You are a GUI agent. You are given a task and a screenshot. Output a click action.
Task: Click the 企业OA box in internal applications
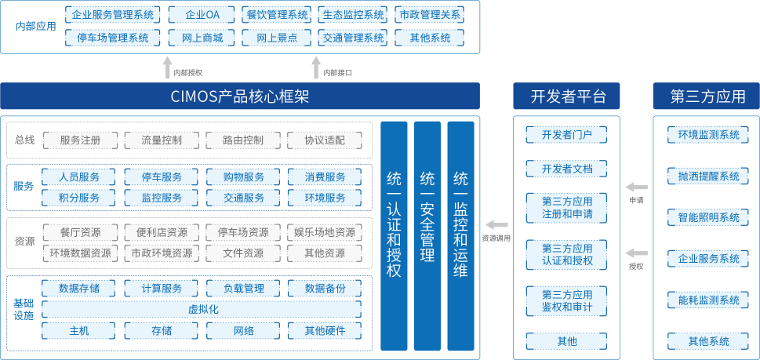click(x=202, y=15)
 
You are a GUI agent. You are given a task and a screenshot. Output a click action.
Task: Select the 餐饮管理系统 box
click(x=277, y=15)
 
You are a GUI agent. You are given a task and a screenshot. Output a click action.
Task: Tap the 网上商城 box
click(x=202, y=38)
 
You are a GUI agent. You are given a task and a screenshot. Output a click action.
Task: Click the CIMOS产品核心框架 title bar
click(x=240, y=96)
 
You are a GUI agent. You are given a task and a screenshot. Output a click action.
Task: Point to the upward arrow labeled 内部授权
click(x=167, y=67)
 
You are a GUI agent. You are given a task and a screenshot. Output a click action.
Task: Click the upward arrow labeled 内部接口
click(x=315, y=67)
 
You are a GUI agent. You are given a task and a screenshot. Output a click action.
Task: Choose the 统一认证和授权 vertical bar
click(x=394, y=235)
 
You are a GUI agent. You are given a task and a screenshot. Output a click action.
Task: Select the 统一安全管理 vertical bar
click(x=427, y=235)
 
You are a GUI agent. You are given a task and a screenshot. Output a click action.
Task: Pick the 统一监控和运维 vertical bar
click(x=461, y=235)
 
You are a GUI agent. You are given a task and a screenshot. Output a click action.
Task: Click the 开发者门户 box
click(x=566, y=135)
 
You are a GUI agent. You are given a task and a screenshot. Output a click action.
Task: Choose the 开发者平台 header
click(x=566, y=96)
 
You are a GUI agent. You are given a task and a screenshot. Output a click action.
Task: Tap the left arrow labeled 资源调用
click(x=496, y=225)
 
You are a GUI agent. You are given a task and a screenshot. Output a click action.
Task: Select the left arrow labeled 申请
click(x=637, y=187)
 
